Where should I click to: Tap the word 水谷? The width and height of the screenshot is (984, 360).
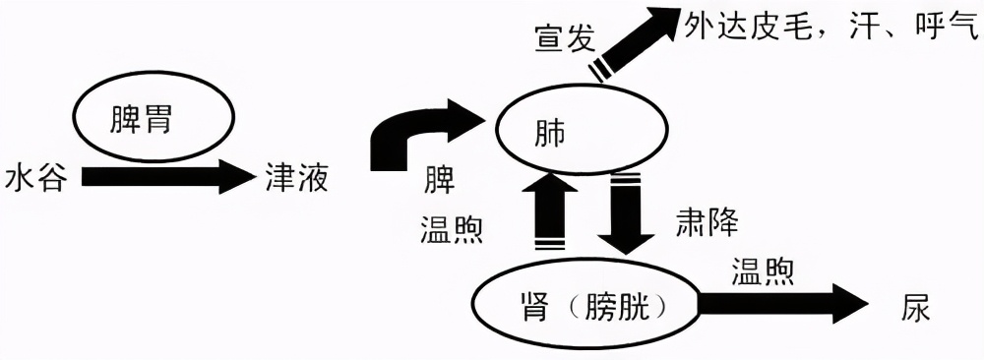35,180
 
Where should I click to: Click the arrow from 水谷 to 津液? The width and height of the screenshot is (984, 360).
167,179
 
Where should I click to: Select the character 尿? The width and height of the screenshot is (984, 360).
914,307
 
